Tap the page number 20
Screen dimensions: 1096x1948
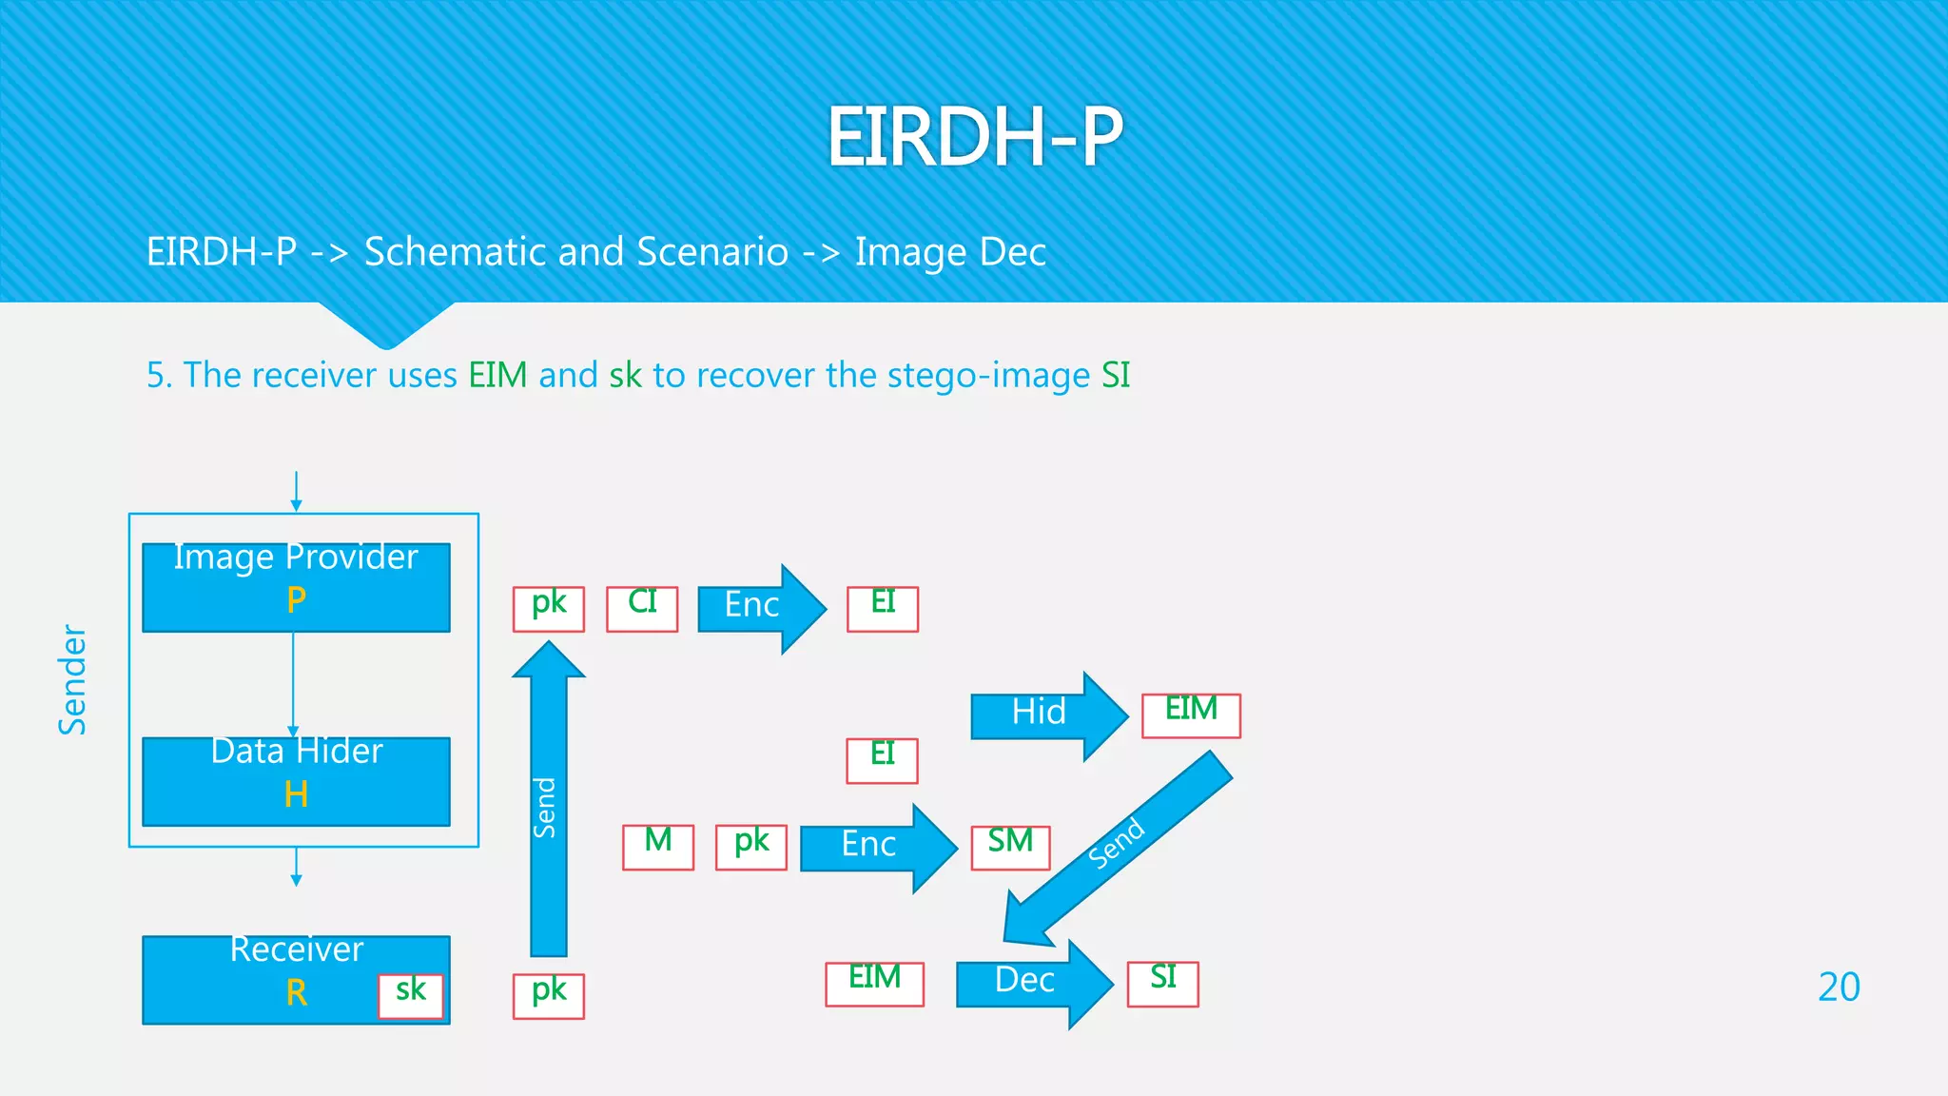click(1838, 987)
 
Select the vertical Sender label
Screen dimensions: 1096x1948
click(72, 679)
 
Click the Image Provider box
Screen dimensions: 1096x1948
click(296, 587)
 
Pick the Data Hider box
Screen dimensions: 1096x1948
click(296, 781)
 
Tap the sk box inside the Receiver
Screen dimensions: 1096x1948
click(411, 996)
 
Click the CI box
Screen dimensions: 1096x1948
click(642, 609)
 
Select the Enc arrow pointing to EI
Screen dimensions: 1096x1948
click(761, 608)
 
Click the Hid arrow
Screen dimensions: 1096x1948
click(1047, 715)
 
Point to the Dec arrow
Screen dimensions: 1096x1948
click(1033, 983)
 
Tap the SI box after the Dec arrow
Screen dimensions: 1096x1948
click(1162, 984)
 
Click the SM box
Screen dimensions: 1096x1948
click(1010, 847)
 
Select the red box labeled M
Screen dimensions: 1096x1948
click(658, 847)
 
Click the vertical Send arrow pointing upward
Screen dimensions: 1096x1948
click(549, 799)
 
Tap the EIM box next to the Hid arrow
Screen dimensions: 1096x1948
click(1191, 715)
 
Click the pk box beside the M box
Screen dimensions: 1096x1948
click(751, 847)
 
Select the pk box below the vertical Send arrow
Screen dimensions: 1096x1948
click(549, 996)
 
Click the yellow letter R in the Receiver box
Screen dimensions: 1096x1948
click(296, 993)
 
